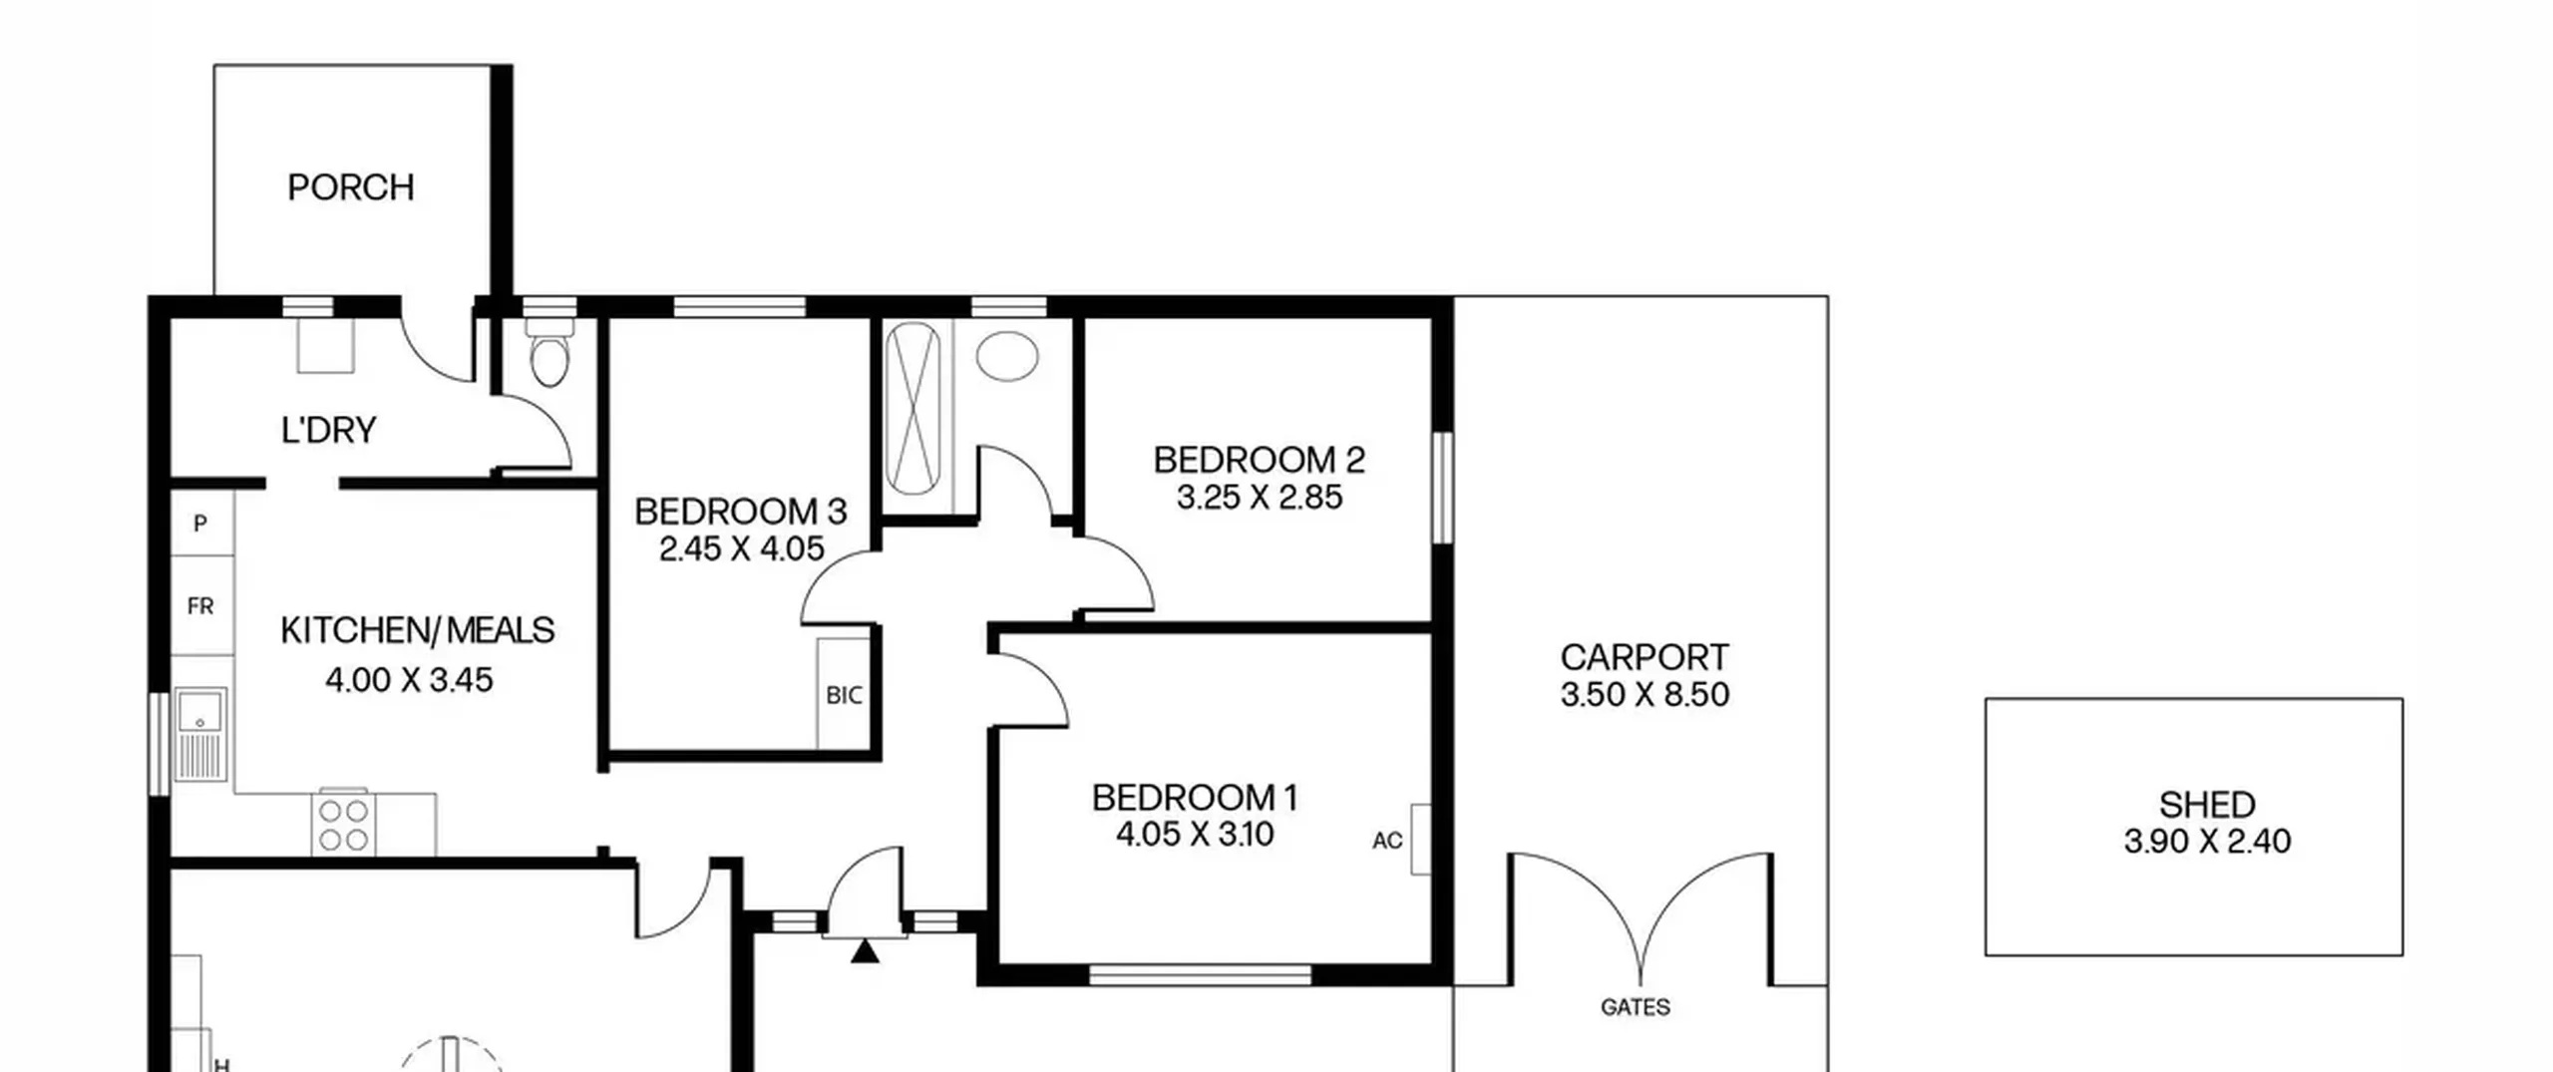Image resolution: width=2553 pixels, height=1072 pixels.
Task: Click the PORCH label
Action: point(350,187)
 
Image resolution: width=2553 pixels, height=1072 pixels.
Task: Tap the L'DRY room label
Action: point(329,430)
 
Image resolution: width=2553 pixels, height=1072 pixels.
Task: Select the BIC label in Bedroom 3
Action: point(844,695)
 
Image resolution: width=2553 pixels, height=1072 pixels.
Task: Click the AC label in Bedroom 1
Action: point(1387,841)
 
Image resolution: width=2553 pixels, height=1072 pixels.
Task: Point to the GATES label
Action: point(1635,1007)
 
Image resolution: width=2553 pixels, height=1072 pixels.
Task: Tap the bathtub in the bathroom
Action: point(912,408)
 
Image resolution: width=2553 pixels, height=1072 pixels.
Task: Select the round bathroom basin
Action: point(1007,355)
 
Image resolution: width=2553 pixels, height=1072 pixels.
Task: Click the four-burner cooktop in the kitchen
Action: point(344,824)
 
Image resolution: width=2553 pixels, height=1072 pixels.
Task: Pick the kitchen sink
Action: point(200,734)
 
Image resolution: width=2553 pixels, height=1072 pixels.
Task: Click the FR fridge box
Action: point(201,605)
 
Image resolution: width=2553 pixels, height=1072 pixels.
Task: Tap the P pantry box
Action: point(201,523)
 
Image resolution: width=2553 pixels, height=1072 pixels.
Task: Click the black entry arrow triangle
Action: point(865,951)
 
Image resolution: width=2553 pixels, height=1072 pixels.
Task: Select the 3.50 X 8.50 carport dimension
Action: point(1644,694)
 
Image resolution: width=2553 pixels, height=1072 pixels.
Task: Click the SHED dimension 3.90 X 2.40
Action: point(2207,841)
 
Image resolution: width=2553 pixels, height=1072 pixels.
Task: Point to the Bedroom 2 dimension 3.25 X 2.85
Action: point(1260,497)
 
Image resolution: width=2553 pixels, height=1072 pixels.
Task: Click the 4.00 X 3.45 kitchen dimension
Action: point(409,680)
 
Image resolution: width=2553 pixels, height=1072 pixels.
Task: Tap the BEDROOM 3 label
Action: point(741,512)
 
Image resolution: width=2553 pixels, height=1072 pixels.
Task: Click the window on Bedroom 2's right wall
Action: point(1442,488)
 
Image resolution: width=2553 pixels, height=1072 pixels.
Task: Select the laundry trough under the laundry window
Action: point(326,346)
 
